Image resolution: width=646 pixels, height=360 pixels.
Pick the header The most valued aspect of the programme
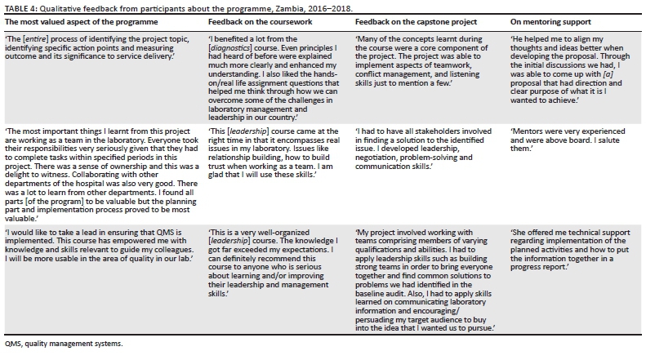(x=84, y=20)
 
